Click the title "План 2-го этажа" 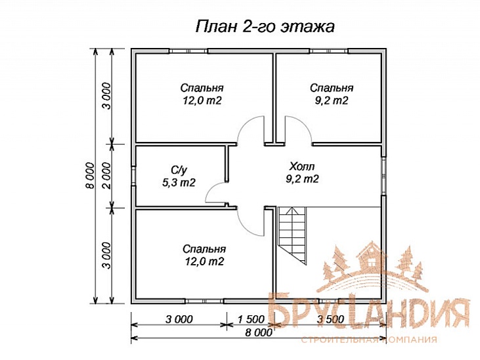click(265, 27)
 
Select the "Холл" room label click(302, 166)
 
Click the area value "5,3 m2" click(178, 183)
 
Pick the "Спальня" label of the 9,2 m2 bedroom click(332, 88)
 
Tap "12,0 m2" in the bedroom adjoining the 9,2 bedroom click(202, 101)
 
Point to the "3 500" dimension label click(332, 319)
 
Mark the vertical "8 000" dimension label click(89, 175)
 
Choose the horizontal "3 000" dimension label click(179, 319)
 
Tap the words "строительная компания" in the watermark click(368, 340)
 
